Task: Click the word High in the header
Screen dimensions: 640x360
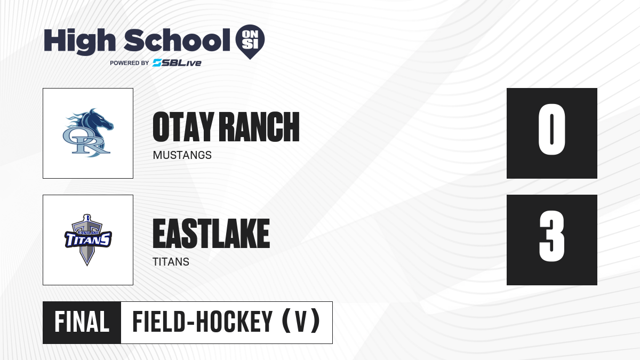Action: [x=79, y=42]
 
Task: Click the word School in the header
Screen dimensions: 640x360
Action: [x=177, y=40]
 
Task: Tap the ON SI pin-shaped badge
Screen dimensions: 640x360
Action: [x=250, y=42]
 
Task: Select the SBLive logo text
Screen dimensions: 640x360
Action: [x=177, y=63]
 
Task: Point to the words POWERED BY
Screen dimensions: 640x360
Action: [x=130, y=63]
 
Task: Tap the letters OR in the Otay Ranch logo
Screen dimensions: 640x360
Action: [x=86, y=142]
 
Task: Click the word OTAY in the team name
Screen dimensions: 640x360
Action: [x=183, y=126]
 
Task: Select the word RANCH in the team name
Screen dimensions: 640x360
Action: [x=261, y=126]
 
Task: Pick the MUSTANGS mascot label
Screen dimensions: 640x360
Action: [x=182, y=155]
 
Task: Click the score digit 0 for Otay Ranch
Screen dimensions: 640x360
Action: [x=551, y=130]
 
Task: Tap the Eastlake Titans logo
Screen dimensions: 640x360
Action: [x=88, y=240]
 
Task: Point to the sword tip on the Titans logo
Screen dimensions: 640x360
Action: [x=87, y=265]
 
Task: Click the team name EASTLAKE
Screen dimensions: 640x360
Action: [x=211, y=234]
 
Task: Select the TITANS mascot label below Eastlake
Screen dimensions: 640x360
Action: [x=171, y=262]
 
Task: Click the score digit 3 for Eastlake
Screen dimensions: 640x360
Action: [x=551, y=236]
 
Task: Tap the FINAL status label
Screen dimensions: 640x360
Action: [x=82, y=322]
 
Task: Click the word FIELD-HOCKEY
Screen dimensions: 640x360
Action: [x=202, y=322]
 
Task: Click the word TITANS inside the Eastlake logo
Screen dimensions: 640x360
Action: [x=88, y=239]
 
